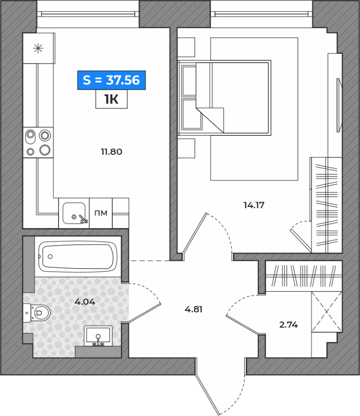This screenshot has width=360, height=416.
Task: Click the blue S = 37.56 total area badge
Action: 111,80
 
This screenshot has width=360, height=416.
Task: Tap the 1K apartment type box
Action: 111,99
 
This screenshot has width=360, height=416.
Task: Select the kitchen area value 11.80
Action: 111,152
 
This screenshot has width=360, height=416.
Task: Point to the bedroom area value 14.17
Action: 254,205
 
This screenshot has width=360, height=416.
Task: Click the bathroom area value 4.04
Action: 85,302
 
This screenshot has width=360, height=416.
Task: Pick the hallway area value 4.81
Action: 194,309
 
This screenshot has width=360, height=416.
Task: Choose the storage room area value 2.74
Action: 289,324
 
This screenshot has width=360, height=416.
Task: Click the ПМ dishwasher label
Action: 101,213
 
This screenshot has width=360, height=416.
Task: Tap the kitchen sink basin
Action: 74,213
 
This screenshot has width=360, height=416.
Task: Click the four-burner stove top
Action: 38,143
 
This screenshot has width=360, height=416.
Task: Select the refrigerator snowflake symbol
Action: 38,48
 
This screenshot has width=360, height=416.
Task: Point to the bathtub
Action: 78,257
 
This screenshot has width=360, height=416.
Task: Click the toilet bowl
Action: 40,313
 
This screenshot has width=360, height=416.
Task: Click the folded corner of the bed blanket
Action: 210,120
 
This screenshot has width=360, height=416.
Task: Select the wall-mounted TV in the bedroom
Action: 339,105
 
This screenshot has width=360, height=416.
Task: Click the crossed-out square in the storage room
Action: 326,312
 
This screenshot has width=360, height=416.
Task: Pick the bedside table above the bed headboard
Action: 186,47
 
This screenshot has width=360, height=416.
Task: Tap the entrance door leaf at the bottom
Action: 207,386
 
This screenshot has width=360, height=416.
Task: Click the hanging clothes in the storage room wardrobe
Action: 304,275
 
